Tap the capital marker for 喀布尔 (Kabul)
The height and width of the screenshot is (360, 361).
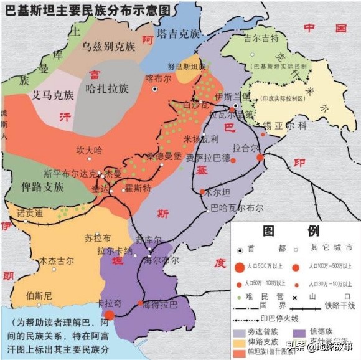[156, 89]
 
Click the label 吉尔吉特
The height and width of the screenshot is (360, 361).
[260, 38]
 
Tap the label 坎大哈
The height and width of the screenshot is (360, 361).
[88, 150]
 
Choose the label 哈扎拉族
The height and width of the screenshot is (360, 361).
[107, 88]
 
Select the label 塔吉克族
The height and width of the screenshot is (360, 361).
[178, 34]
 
